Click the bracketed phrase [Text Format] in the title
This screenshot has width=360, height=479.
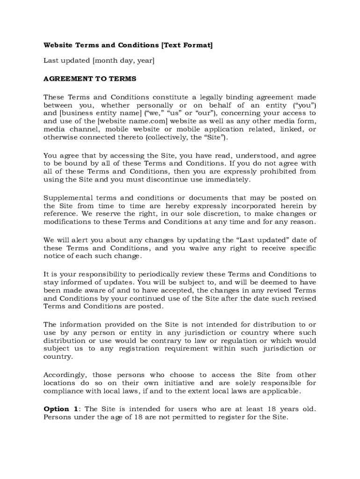click(x=187, y=45)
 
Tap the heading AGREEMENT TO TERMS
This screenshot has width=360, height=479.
click(x=90, y=79)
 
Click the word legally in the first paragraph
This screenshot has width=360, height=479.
click(x=213, y=97)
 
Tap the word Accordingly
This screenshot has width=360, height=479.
click(x=65, y=375)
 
